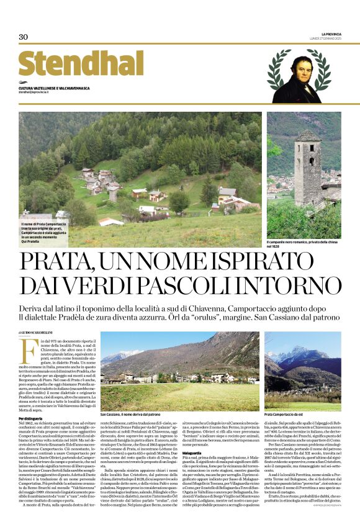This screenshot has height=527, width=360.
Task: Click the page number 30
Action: tap(23, 37)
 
